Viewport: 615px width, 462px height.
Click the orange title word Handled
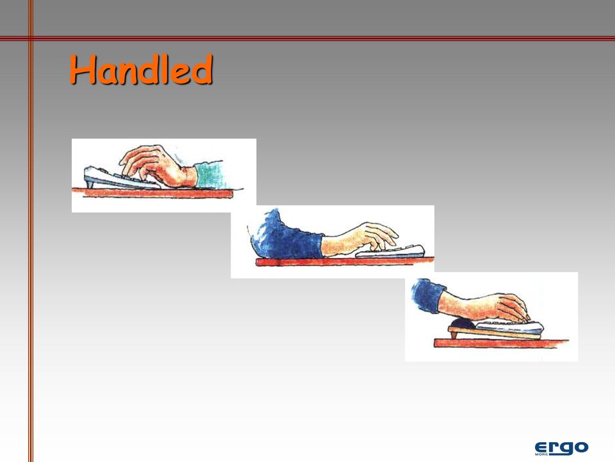141,69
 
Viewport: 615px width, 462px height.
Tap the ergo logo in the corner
561,449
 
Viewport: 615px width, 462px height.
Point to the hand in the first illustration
159,166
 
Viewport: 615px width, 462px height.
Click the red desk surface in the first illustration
152,193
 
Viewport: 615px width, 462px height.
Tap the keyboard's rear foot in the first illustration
89,184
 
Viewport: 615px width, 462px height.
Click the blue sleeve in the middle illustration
286,236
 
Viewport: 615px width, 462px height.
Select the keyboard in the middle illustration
390,252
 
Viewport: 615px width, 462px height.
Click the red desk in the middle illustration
345,261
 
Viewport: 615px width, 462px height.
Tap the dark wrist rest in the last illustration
464,323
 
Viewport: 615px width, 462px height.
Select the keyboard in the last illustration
510,326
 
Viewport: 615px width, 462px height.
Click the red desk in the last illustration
501,343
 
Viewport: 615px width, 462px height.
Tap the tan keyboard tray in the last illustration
495,333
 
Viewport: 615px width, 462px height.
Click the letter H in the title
83,69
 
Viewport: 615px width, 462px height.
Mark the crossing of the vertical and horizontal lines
31,38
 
